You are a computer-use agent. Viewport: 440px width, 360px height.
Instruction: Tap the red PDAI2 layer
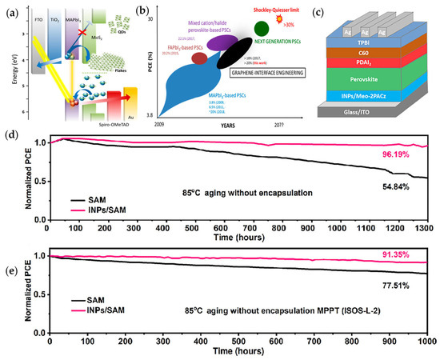tap(369, 68)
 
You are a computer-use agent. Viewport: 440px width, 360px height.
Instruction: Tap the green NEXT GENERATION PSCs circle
tap(262, 30)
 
